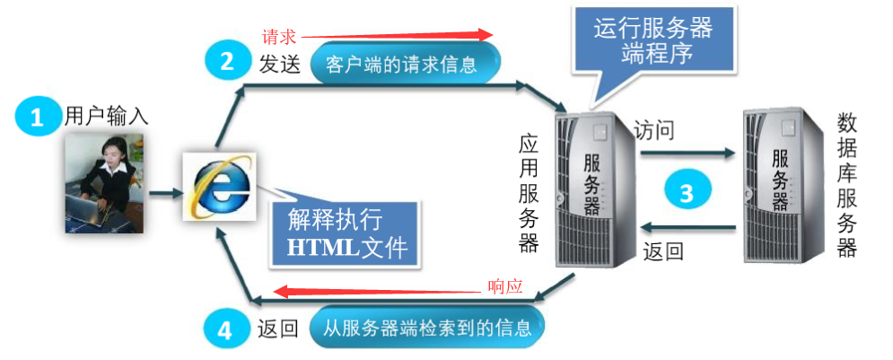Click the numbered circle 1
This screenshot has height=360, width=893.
(x=36, y=118)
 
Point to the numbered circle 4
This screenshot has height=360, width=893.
(x=225, y=329)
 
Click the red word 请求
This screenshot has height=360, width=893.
(x=278, y=37)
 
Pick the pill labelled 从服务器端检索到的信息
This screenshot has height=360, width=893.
(x=426, y=328)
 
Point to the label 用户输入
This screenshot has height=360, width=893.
(x=106, y=116)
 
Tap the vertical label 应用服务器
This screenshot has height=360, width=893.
(x=529, y=193)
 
